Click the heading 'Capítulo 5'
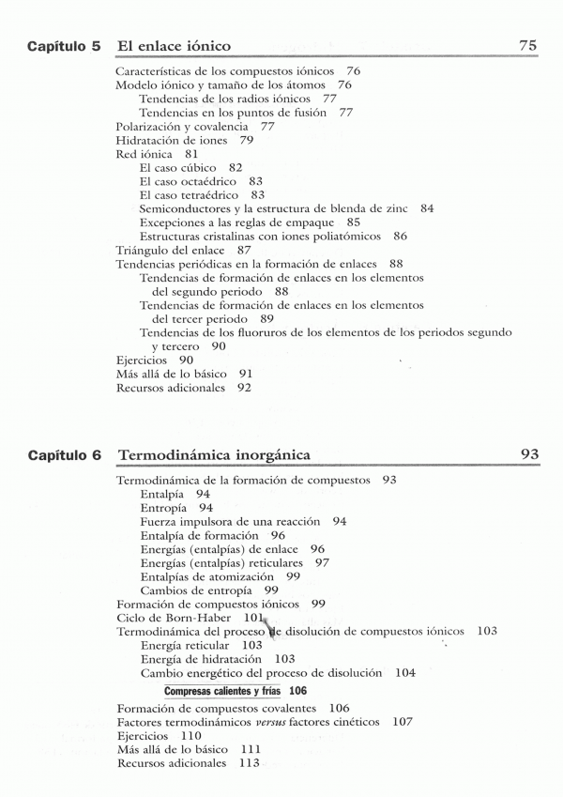coord(64,45)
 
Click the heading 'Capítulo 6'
coord(64,455)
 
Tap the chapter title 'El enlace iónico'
coord(175,45)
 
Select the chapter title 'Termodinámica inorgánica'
coord(215,455)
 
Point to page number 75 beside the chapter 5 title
coord(527,45)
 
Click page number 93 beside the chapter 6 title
coord(529,455)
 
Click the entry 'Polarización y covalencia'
coord(169,126)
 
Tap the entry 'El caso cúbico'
coord(177,167)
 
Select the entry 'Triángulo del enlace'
coord(170,251)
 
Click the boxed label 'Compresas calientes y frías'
coord(224,691)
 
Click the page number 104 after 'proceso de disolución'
coord(405,673)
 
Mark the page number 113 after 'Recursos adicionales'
coord(249,764)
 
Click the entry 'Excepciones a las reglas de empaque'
coord(237,222)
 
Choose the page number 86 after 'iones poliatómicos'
coord(401,237)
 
